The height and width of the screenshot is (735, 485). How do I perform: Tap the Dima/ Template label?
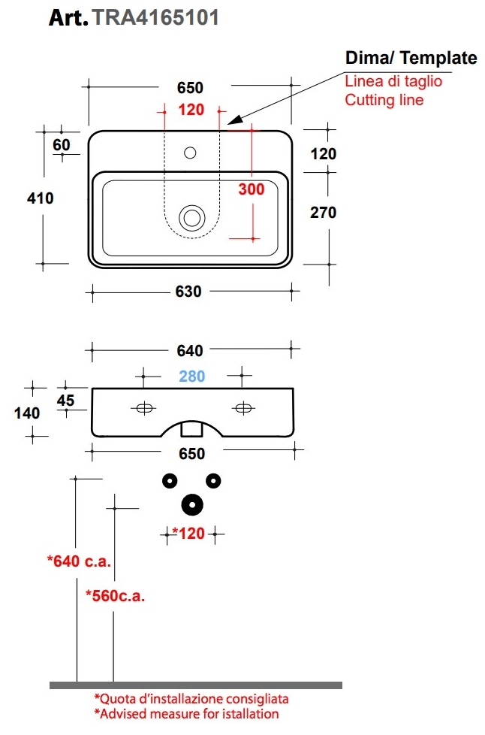(x=411, y=58)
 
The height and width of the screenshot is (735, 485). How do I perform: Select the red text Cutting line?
(x=384, y=99)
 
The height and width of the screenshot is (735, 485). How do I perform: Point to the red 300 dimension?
(x=252, y=189)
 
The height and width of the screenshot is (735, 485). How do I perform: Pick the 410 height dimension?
(x=40, y=198)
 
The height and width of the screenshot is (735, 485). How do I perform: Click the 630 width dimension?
(x=188, y=291)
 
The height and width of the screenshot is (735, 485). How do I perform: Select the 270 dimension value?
(x=323, y=212)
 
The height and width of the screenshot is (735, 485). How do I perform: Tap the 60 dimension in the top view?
(x=61, y=144)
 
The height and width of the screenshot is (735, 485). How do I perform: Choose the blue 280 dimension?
(x=191, y=376)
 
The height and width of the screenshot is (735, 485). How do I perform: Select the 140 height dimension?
(x=27, y=412)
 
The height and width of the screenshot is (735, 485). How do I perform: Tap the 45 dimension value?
(x=65, y=401)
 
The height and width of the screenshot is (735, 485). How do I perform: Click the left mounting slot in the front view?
(x=143, y=408)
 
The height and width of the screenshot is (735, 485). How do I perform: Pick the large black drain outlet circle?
(x=192, y=504)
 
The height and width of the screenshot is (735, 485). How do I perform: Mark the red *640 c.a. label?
(x=79, y=561)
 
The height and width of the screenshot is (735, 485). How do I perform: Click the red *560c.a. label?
(x=115, y=596)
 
